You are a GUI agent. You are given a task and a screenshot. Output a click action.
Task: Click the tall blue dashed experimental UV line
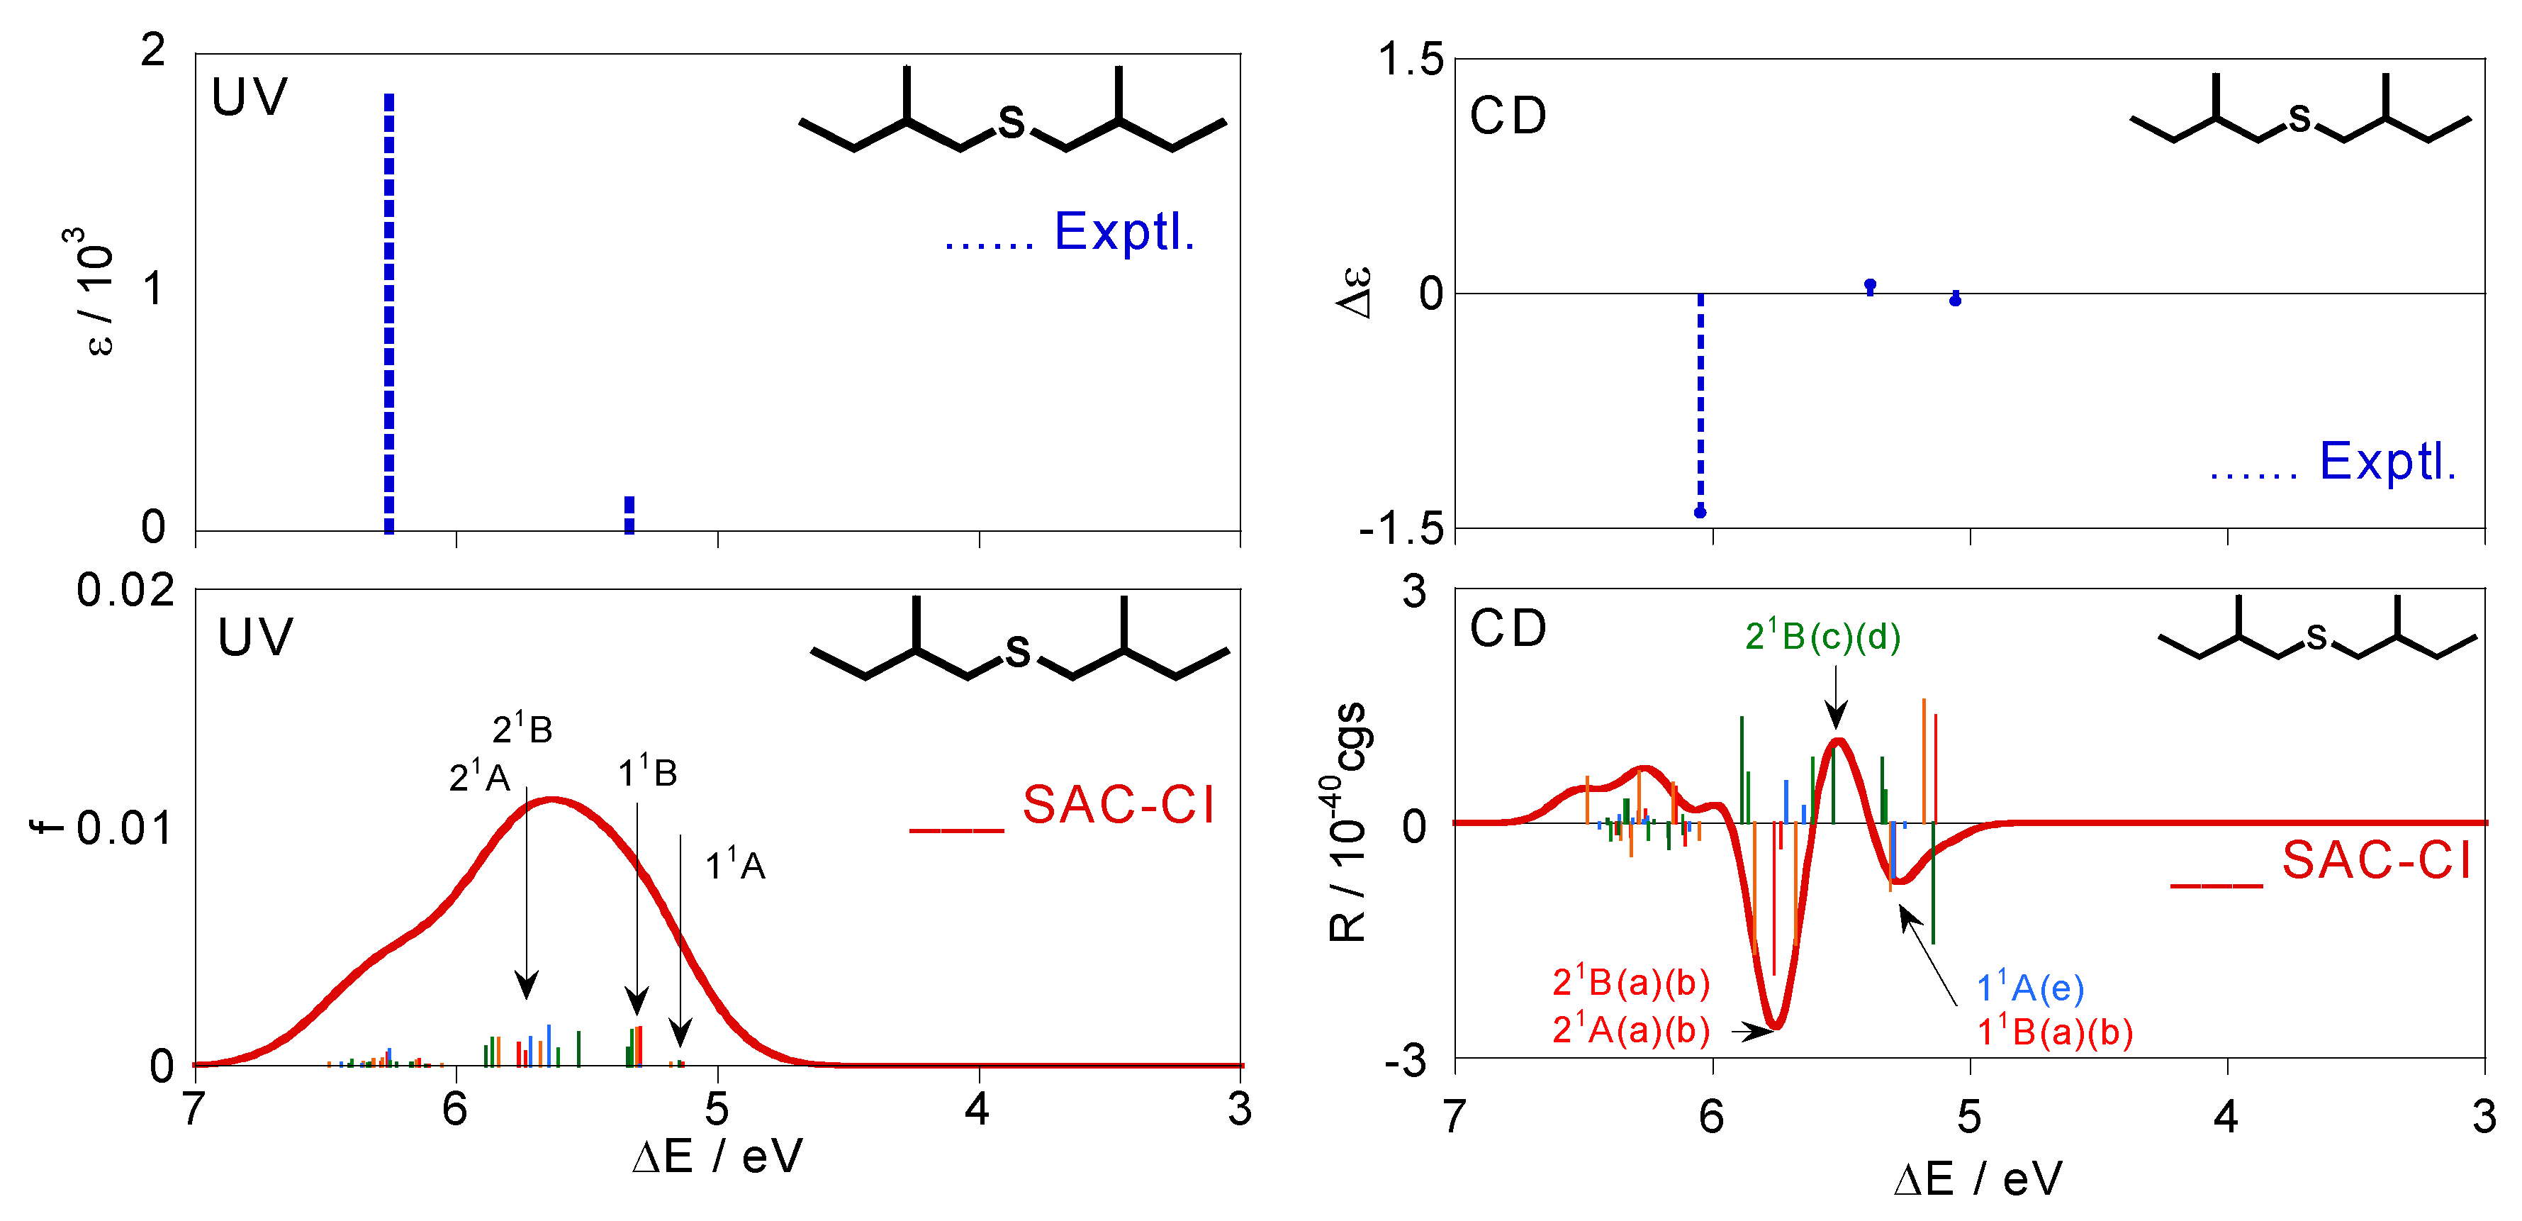(x=388, y=313)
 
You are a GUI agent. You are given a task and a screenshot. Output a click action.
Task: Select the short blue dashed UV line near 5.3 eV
(x=629, y=515)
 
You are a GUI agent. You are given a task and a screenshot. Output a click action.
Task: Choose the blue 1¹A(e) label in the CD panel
(x=2029, y=988)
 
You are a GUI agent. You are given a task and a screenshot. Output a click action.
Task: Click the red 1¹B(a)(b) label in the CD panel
(x=2054, y=1032)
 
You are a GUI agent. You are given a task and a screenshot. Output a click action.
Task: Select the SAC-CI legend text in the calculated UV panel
(x=1118, y=805)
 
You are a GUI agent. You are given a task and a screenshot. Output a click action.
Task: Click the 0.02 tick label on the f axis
(x=125, y=591)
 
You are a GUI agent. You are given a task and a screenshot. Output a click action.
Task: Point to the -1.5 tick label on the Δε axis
(x=1401, y=529)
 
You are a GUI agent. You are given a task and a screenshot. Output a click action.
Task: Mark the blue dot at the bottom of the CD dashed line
(x=1700, y=512)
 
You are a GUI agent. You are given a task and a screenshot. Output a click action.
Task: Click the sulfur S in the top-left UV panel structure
(x=1011, y=123)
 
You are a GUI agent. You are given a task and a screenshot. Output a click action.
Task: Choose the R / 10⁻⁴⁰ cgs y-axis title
(x=1349, y=823)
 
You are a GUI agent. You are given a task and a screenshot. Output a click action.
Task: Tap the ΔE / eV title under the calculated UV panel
(x=717, y=1157)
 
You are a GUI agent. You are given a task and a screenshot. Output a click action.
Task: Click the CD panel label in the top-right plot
(x=1508, y=116)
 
